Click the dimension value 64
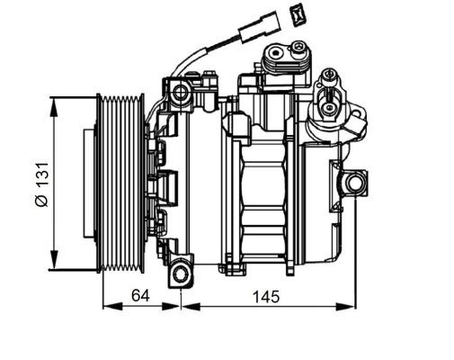tap(140, 296)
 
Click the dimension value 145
tap(266, 296)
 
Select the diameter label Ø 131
tap(41, 184)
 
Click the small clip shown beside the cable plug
tap(298, 14)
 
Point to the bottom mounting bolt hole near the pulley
tap(182, 274)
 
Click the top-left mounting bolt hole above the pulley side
tap(181, 92)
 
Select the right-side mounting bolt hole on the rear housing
tap(354, 183)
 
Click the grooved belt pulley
tap(121, 183)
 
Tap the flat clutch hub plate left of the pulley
tap(89, 184)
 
